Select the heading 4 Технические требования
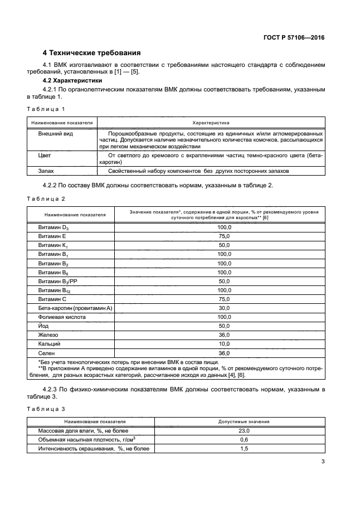(x=91, y=53)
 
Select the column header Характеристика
(x=211, y=122)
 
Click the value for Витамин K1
(x=224, y=245)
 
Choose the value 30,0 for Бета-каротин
(x=224, y=308)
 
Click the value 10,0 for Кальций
(x=224, y=345)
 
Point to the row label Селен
(x=46, y=353)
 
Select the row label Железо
(x=48, y=336)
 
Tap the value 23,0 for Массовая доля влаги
(x=244, y=431)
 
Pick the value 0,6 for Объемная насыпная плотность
(x=244, y=440)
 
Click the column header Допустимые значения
(x=244, y=421)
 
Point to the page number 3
(x=323, y=462)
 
